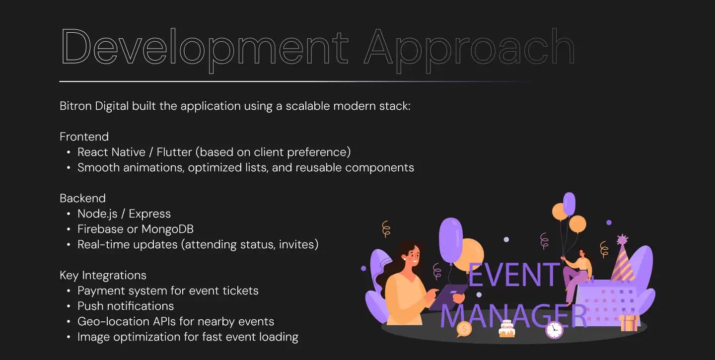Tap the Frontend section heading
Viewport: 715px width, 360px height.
pos(84,137)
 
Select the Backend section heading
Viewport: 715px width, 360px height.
pos(82,198)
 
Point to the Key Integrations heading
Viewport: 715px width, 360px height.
pos(103,276)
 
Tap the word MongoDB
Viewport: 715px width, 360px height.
pos(168,229)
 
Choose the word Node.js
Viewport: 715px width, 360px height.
pos(97,214)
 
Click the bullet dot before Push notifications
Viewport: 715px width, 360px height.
pos(69,306)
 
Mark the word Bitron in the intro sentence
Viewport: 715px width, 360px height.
pos(75,106)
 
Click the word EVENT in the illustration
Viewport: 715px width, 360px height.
pos(514,275)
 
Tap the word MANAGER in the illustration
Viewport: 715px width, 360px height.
pos(513,316)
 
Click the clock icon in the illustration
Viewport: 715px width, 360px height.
pos(554,330)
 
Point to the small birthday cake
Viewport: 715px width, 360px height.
pos(507,329)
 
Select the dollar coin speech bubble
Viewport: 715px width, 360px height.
pos(464,329)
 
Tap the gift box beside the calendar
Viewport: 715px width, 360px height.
pos(629,322)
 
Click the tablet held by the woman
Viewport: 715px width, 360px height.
pos(447,297)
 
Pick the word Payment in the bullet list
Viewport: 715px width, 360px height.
pos(100,291)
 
